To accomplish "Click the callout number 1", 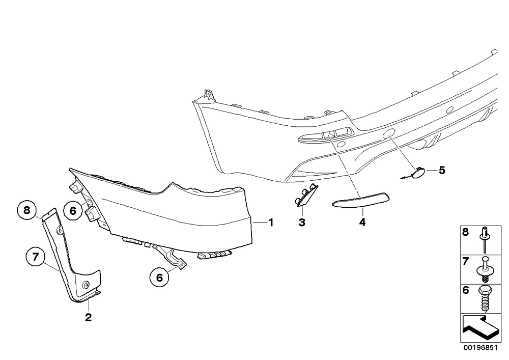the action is tap(270, 223).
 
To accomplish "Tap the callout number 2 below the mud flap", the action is tap(88, 317).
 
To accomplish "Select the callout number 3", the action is tap(302, 223).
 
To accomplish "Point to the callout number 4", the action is tap(362, 222).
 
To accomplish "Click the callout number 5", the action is tap(442, 170).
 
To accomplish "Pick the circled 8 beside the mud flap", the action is tap(26, 210).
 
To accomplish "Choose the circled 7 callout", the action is tap(36, 257).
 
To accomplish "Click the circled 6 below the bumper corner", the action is tap(159, 278).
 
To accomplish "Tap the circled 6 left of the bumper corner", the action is tap(73, 211).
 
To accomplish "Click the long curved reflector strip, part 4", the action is tap(361, 199).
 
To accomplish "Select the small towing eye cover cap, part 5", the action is tap(416, 173).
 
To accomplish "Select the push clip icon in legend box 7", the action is tap(484, 269).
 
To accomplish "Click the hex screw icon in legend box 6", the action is tap(485, 298).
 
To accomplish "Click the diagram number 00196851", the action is tap(480, 348).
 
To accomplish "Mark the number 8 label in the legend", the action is tap(466, 232).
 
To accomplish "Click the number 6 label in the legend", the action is tap(466, 290).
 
